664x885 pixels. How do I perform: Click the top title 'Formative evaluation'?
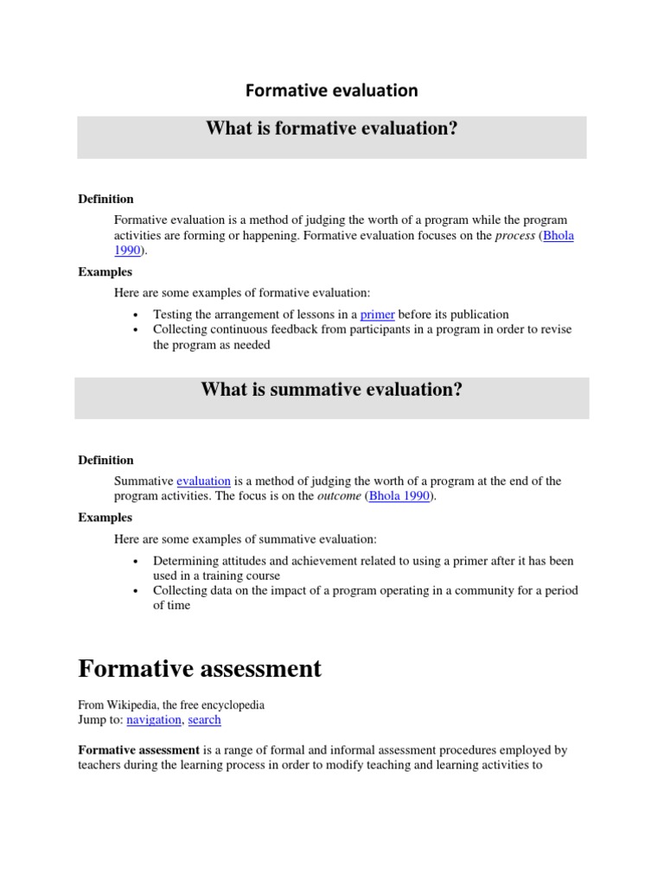tap(331, 90)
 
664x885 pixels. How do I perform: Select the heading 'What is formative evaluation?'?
tap(331, 129)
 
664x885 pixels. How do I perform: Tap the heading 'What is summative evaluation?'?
tap(331, 389)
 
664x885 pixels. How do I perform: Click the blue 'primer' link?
tap(377, 315)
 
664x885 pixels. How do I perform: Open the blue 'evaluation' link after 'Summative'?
tap(203, 481)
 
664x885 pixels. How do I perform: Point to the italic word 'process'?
tap(514, 235)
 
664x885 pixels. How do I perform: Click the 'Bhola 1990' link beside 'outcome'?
tap(399, 496)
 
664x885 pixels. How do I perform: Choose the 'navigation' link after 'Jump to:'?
tap(154, 719)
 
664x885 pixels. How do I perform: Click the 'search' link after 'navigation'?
tap(204, 719)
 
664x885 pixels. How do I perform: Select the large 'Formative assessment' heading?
tap(200, 668)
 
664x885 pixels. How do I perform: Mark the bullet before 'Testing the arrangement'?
tap(137, 315)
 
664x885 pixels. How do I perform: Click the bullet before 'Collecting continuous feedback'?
tap(137, 330)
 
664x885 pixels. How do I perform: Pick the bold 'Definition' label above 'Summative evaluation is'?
tap(105, 460)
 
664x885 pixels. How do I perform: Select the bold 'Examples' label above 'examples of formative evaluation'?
tap(105, 271)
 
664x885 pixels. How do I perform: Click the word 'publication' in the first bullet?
tap(477, 315)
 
